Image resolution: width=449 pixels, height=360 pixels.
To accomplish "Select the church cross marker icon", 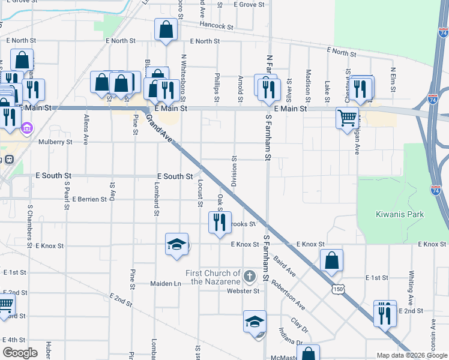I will [250, 277].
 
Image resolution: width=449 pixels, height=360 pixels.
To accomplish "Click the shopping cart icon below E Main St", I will [347, 118].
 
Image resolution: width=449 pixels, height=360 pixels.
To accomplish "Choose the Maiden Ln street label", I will [169, 283].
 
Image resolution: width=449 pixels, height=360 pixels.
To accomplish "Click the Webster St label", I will [243, 292].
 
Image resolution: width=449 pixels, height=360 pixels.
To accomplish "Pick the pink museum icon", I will [26, 128].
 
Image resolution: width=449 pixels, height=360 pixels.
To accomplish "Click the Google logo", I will [20, 353].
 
